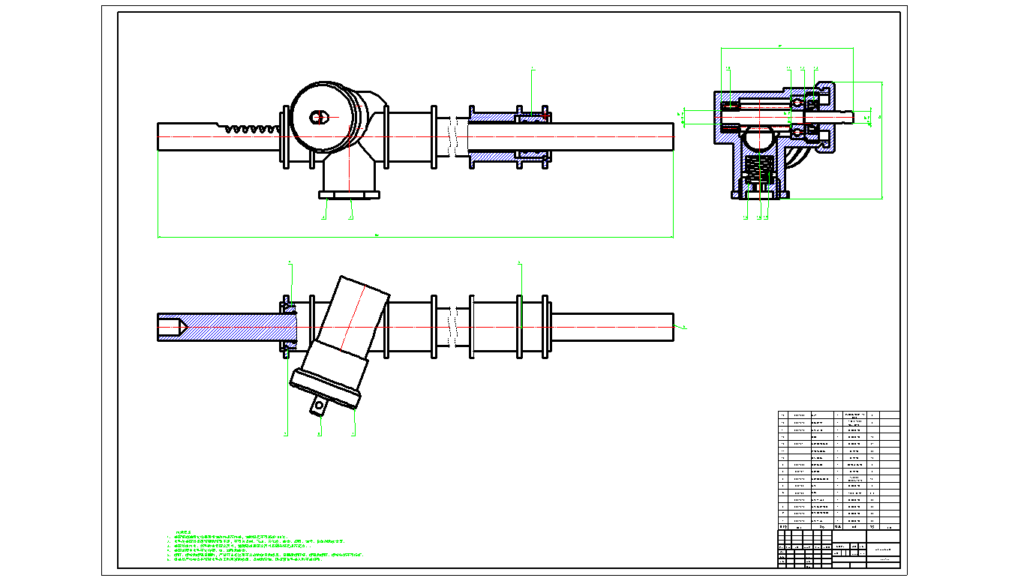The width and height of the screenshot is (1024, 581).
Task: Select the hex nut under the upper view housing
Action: point(350,196)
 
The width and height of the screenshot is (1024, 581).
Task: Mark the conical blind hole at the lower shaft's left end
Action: point(174,328)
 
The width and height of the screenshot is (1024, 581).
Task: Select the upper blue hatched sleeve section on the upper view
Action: point(495,115)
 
